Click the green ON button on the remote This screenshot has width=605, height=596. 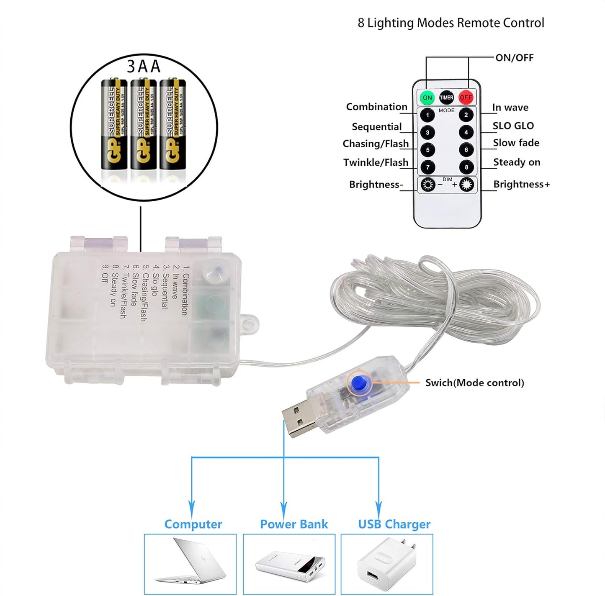(x=427, y=98)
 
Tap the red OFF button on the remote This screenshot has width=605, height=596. (x=466, y=98)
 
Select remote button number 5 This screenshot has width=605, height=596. (x=427, y=150)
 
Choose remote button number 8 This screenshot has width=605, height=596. (x=466, y=167)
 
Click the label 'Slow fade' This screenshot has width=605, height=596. (x=516, y=143)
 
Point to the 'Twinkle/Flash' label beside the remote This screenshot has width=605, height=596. (x=376, y=162)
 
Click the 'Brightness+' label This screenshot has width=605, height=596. (x=521, y=184)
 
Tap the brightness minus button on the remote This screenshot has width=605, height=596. (x=427, y=185)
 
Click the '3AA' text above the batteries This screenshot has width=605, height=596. (x=144, y=67)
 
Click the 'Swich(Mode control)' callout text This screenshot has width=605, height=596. (x=474, y=383)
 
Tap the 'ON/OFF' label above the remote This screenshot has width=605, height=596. (x=514, y=58)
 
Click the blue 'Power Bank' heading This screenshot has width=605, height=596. (x=294, y=524)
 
